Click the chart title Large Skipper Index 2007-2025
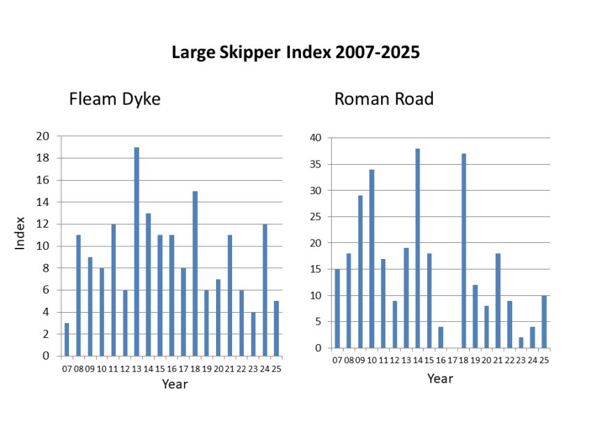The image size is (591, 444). coord(295,53)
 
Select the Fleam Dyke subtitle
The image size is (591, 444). coord(114,99)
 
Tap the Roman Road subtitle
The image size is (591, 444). coord(383,99)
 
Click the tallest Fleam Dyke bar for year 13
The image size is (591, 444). coord(137,251)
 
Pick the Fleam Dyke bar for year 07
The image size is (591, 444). coord(67,339)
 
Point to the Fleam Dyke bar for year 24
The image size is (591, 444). coord(265,290)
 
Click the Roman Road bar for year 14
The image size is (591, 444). coord(417,249)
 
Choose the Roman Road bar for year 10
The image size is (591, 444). coord(371,259)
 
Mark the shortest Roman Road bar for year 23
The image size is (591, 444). coord(521,343)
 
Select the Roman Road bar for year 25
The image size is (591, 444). coord(544,322)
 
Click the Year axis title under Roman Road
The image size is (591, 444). coord(440,378)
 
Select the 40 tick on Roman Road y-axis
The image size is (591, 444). coord(315,138)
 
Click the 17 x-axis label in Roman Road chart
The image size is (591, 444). coord(452,360)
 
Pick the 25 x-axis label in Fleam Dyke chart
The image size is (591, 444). coord(277,368)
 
